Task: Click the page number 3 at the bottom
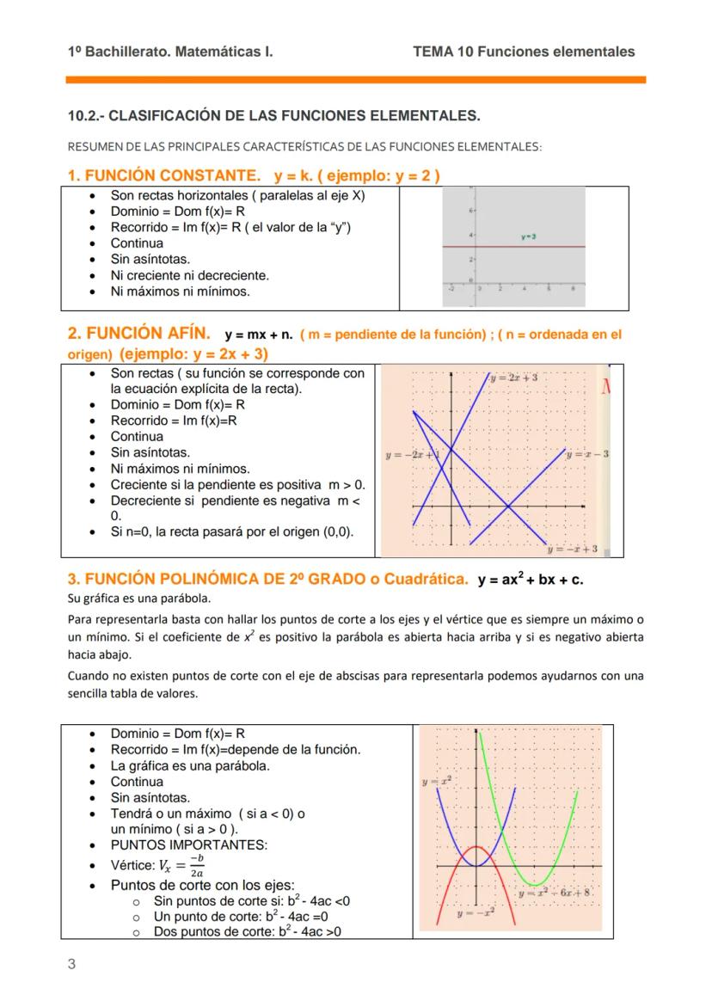(x=71, y=964)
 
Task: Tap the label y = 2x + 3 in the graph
(x=514, y=378)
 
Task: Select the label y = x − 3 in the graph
(x=588, y=453)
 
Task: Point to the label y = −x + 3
(x=573, y=548)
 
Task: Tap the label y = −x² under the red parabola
(x=475, y=913)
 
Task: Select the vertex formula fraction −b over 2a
(x=198, y=865)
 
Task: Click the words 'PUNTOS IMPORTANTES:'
(x=188, y=845)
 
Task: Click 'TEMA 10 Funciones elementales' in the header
(x=524, y=52)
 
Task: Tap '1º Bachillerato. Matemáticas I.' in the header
(x=170, y=52)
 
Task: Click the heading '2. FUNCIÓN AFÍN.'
(x=139, y=334)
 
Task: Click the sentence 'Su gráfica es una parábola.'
(x=138, y=598)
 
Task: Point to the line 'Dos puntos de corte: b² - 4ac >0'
(x=248, y=931)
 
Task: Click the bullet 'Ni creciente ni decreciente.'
(x=189, y=275)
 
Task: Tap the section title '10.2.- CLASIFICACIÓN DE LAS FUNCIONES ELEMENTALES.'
(x=273, y=115)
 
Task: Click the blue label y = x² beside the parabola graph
(x=437, y=782)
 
